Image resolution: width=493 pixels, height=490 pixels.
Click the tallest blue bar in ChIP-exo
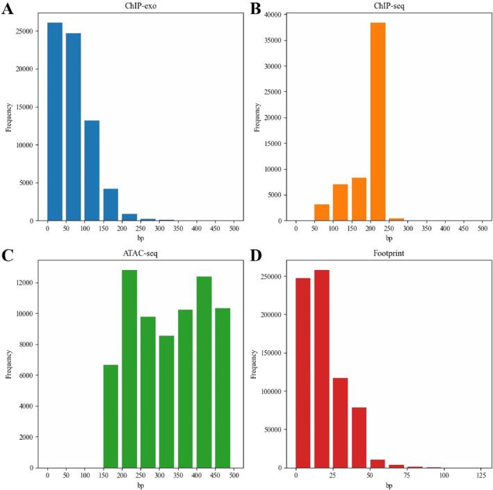(54, 122)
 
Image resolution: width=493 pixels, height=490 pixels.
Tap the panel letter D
(256, 254)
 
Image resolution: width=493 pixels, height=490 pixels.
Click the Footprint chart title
(387, 251)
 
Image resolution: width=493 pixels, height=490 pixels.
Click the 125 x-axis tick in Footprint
(481, 475)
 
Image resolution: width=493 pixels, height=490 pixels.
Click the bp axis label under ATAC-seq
(140, 485)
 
